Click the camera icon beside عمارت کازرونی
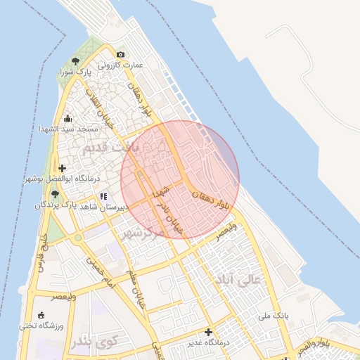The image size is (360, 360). [x=121, y=55]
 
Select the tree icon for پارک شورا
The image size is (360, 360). [x=75, y=61]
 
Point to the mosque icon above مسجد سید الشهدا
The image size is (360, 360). [x=67, y=118]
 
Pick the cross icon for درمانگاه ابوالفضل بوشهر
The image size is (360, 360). [x=63, y=168]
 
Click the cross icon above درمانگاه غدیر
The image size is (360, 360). [x=208, y=331]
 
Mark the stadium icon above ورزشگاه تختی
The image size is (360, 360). [x=41, y=314]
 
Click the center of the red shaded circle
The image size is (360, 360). [x=180, y=180]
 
